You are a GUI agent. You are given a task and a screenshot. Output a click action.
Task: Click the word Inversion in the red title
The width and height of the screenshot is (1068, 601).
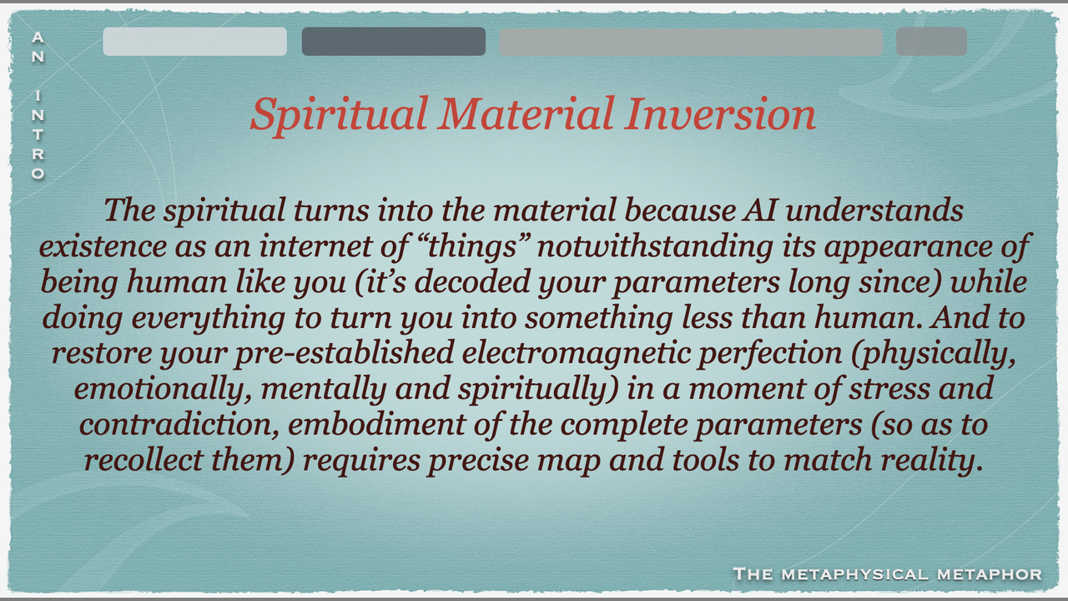720,114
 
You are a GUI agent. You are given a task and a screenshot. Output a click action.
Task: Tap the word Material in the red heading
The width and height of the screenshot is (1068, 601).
526,114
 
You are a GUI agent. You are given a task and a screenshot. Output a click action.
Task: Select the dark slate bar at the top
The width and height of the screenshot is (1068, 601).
394,42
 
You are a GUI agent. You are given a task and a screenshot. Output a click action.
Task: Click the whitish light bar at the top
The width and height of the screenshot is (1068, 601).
195,42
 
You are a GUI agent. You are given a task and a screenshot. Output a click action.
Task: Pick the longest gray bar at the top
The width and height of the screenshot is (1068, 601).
691,42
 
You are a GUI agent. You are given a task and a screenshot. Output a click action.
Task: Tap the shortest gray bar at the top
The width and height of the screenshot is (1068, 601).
932,42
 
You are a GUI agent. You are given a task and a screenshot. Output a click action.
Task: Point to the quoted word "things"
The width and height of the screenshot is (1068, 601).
471,246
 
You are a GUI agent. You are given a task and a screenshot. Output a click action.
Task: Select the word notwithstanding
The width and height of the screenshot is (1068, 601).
655,247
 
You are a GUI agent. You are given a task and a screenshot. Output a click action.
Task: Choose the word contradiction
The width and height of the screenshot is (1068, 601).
179,425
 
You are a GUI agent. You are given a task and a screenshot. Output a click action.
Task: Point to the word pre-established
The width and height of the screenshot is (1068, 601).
345,354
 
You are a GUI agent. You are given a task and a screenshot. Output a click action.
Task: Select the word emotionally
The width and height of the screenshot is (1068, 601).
163,390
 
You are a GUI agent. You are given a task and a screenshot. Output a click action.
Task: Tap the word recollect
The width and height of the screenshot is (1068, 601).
144,460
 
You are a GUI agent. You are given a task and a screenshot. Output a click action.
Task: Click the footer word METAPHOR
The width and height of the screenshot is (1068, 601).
990,573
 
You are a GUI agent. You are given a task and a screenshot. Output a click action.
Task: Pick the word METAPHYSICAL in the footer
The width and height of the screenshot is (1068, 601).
855,573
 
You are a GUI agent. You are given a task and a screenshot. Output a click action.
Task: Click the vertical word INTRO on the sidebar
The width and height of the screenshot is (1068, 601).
38,134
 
